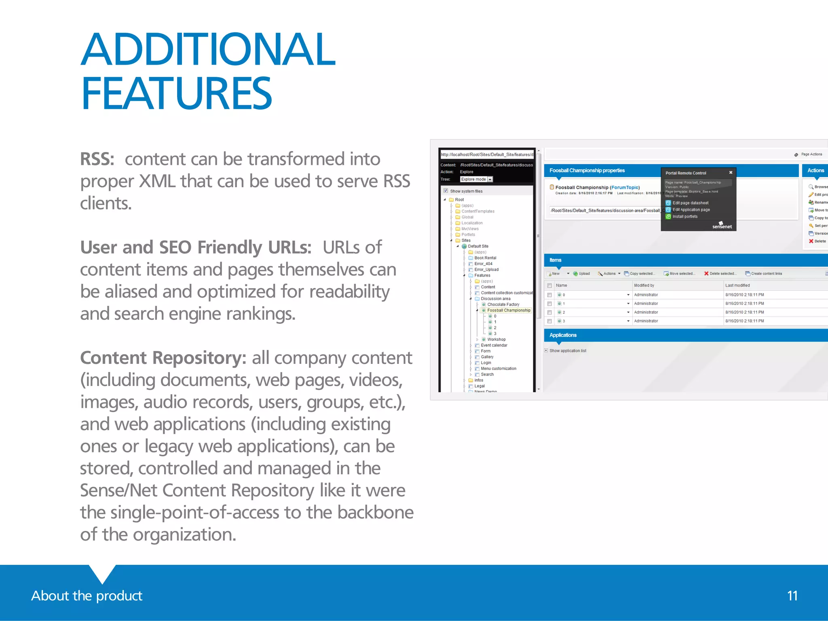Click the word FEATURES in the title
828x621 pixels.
176,94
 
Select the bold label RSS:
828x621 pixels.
97,159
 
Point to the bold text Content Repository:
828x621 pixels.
163,358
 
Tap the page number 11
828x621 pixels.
792,596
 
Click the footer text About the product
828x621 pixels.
87,596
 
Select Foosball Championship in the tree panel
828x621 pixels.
509,310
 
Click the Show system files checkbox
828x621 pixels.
446,191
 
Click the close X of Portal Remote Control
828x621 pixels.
731,173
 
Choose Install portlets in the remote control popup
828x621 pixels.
685,217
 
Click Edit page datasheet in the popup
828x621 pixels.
690,203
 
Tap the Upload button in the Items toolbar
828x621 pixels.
582,274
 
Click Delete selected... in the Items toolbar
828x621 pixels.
720,274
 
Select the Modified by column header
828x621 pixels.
644,285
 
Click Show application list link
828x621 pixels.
568,351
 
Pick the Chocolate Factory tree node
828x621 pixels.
503,304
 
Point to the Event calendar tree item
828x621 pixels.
494,345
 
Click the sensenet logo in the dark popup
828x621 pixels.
722,226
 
